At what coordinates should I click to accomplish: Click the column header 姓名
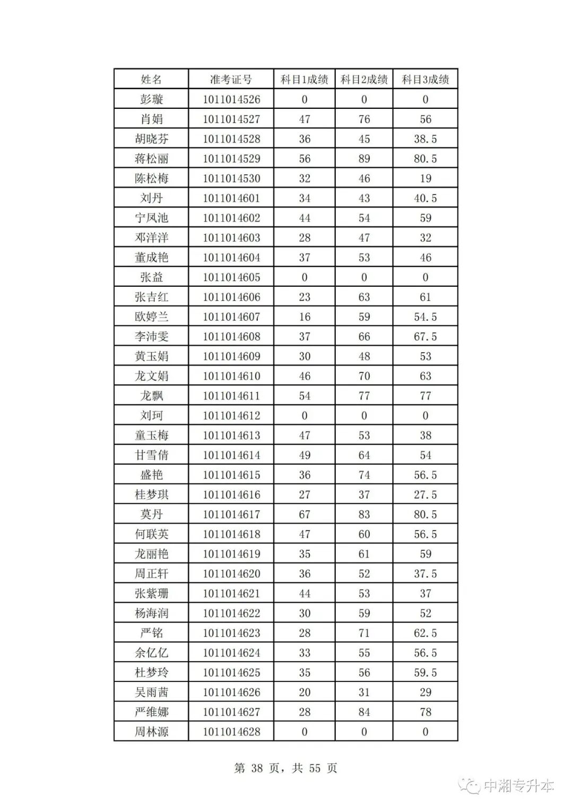151,80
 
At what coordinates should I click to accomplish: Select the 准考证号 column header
231,80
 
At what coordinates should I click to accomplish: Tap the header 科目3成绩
425,80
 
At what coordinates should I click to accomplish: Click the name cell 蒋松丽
151,159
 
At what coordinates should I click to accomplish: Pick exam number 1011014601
231,198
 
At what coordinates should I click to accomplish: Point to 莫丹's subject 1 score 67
305,514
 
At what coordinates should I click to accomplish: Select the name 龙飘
151,396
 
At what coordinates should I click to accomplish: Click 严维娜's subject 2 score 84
364,712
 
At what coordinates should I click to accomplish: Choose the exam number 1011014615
231,475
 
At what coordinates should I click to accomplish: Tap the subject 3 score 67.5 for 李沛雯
425,337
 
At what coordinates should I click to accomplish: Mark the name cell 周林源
151,731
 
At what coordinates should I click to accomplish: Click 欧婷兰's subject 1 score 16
305,317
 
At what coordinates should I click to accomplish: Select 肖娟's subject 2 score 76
364,119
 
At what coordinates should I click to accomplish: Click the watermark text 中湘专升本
518,786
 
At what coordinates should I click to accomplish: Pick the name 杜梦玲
151,672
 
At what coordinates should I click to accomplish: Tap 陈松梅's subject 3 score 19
425,178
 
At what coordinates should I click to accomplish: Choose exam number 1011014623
231,633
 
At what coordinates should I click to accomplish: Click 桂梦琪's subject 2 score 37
364,494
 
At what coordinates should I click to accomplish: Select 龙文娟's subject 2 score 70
364,376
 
